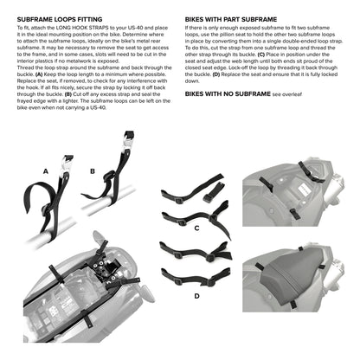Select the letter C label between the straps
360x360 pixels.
coord(197,228)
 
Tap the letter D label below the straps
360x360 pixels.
coord(196,295)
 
